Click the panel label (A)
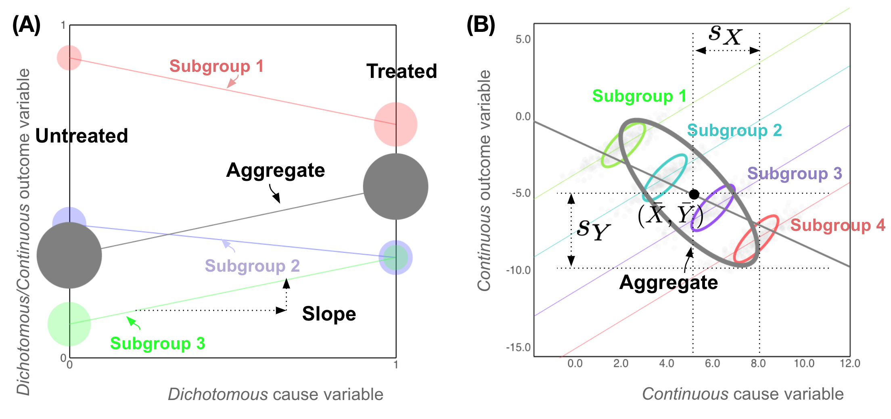(x=27, y=25)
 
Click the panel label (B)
(x=481, y=25)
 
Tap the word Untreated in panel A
(x=82, y=136)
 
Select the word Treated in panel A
(x=402, y=71)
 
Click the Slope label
(x=329, y=314)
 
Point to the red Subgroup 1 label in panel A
(x=216, y=66)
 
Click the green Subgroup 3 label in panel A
(x=157, y=344)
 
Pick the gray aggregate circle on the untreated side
(x=69, y=255)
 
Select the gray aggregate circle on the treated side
(x=395, y=186)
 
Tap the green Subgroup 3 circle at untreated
(x=69, y=324)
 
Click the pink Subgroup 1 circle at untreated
(x=69, y=58)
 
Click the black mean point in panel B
(x=694, y=194)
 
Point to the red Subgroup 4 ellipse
(x=756, y=239)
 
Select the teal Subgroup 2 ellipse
(x=665, y=178)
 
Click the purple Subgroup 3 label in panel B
(x=794, y=173)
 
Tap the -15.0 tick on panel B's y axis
(x=519, y=347)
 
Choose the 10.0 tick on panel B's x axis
(x=804, y=364)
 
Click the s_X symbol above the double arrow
(x=725, y=35)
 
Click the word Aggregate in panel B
(x=668, y=282)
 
